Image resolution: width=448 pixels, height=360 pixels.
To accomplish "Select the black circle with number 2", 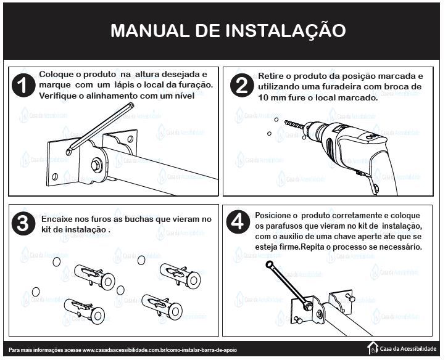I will point(241,86).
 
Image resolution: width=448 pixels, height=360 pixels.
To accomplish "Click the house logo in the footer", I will point(373,348).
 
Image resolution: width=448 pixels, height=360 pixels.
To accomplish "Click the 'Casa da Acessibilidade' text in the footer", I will point(410,349).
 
